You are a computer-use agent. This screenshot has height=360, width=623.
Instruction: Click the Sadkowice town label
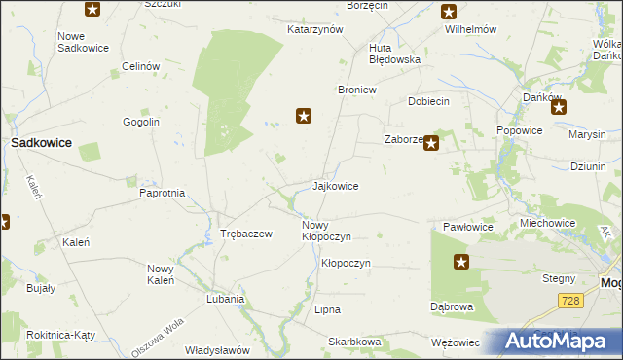(41, 142)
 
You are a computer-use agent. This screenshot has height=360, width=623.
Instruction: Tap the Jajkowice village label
(336, 186)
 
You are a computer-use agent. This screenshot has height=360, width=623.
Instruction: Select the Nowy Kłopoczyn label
(326, 231)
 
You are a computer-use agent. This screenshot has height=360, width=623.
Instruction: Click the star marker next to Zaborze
(430, 143)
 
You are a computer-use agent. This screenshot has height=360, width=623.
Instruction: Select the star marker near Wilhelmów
(448, 12)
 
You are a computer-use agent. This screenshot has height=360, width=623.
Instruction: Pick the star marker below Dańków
(558, 108)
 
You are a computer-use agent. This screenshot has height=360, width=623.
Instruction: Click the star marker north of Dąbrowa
(461, 262)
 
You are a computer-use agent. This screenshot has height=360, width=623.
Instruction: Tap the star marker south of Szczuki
(92, 10)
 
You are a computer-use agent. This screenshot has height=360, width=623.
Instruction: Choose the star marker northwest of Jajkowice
(304, 117)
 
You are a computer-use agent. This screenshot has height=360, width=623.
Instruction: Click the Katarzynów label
(315, 29)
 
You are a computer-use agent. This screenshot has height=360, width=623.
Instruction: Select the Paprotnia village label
(163, 193)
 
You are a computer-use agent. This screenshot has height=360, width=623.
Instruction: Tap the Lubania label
(225, 300)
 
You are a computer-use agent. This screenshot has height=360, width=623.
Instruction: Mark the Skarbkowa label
(354, 342)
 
